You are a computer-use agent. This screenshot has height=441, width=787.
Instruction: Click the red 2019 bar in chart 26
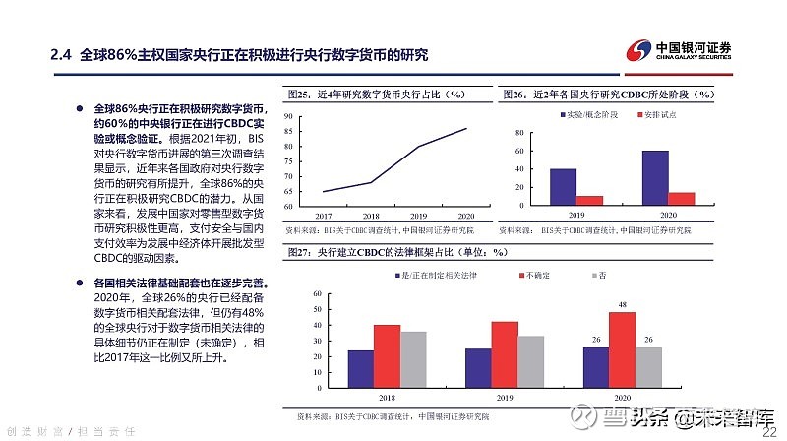click(x=589, y=199)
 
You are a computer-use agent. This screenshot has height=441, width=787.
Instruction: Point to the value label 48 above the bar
click(x=622, y=305)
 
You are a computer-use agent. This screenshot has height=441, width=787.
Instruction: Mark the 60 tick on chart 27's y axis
click(x=316, y=294)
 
